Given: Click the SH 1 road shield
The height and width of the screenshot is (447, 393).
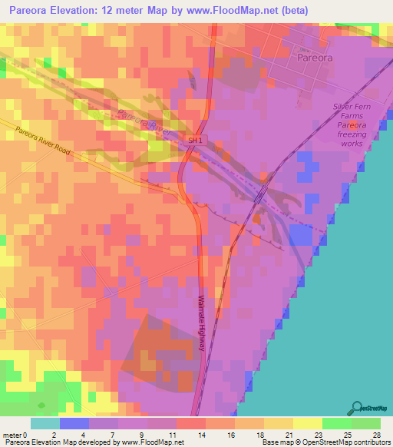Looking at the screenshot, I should coord(196,141).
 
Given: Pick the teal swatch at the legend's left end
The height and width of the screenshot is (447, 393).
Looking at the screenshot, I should coord(45,423).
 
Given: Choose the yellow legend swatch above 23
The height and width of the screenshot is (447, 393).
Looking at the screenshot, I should coord(307,423).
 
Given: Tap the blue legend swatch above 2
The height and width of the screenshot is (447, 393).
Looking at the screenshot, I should coord(74,423).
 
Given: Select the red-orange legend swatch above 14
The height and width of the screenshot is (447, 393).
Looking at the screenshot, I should coord(190,423).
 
